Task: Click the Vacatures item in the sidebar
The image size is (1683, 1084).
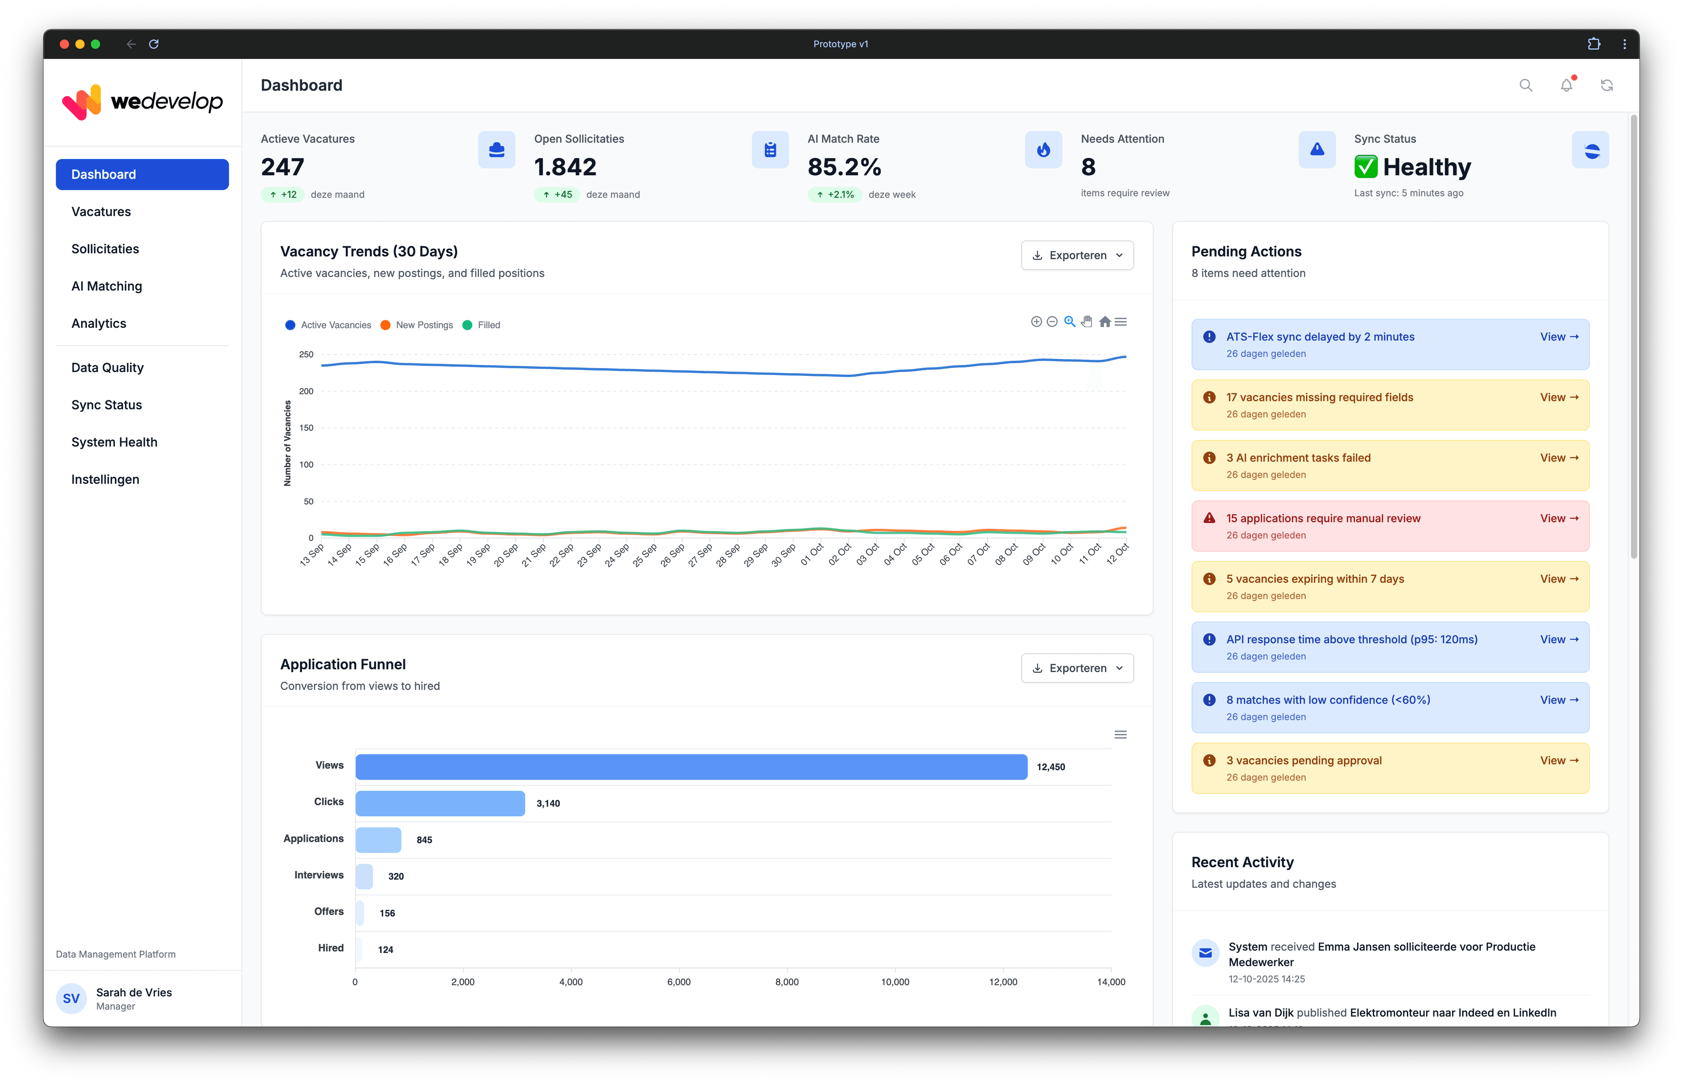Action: [x=101, y=212]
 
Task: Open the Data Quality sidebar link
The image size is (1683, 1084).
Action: [x=107, y=368]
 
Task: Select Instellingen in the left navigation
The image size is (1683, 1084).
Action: [x=105, y=479]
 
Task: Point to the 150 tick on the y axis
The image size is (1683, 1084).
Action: [x=306, y=428]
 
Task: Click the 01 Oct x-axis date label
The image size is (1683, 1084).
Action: [x=812, y=554]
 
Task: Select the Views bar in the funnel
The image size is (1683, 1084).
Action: [x=691, y=766]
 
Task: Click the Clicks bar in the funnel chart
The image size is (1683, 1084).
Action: [x=440, y=803]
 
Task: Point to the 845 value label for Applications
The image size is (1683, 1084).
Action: [x=424, y=840]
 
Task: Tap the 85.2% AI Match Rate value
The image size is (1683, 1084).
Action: [x=844, y=167]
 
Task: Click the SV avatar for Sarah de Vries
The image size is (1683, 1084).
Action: [x=71, y=998]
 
